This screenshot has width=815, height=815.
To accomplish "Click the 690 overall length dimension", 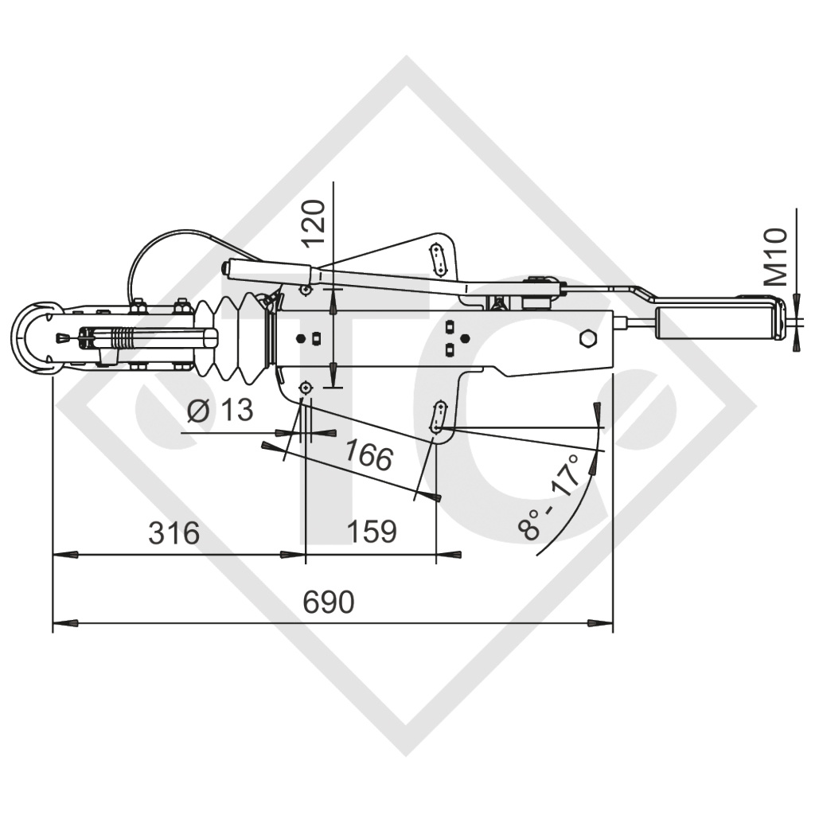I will pyautogui.click(x=329, y=602).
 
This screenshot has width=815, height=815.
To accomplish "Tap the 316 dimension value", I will pyautogui.click(x=174, y=532).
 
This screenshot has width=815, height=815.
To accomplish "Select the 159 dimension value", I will pyautogui.click(x=371, y=531).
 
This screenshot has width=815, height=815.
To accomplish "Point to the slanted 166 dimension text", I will pyautogui.click(x=369, y=455).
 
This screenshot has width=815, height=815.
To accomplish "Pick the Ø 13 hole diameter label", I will pyautogui.click(x=220, y=411).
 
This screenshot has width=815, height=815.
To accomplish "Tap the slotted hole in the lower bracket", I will pyautogui.click(x=438, y=417).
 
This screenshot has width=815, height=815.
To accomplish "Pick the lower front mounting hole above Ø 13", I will pyautogui.click(x=304, y=388).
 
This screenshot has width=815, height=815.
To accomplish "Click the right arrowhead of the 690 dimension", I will pyautogui.click(x=601, y=622).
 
